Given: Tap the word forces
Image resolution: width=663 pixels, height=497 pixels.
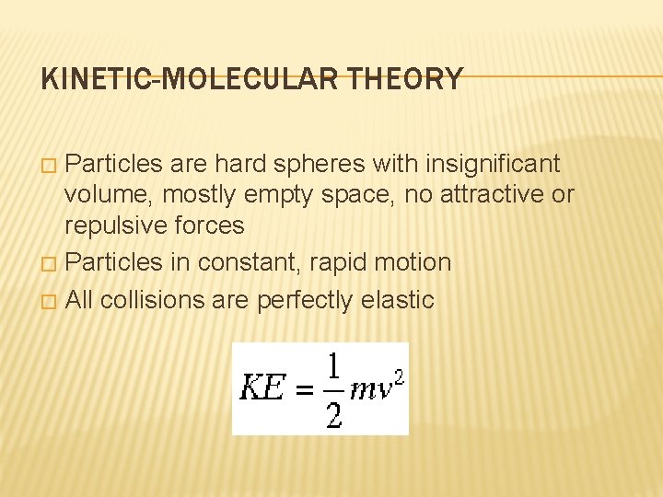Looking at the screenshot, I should [x=214, y=225].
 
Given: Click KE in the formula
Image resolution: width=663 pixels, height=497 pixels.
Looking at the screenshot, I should [x=262, y=387].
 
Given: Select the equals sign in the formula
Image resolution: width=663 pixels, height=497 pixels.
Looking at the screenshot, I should [x=304, y=388].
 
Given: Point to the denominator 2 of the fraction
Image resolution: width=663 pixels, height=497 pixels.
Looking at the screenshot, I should [x=333, y=413].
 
